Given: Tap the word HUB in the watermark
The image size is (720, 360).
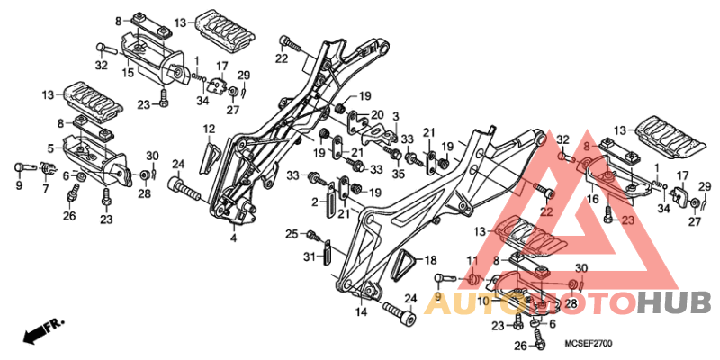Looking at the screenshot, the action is click(x=673, y=303).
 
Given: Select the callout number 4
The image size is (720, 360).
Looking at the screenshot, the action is click(x=234, y=238).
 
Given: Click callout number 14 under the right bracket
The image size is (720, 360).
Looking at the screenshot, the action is click(x=361, y=312).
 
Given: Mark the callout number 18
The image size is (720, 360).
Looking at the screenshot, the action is click(x=431, y=260).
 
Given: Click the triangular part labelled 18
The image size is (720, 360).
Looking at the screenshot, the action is click(x=402, y=265).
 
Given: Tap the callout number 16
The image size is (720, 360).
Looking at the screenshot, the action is click(x=592, y=199).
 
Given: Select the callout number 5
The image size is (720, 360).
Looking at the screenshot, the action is click(x=50, y=148).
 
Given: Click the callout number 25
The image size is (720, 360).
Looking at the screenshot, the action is click(x=292, y=234).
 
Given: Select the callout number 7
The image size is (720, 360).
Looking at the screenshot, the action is click(x=46, y=188).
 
